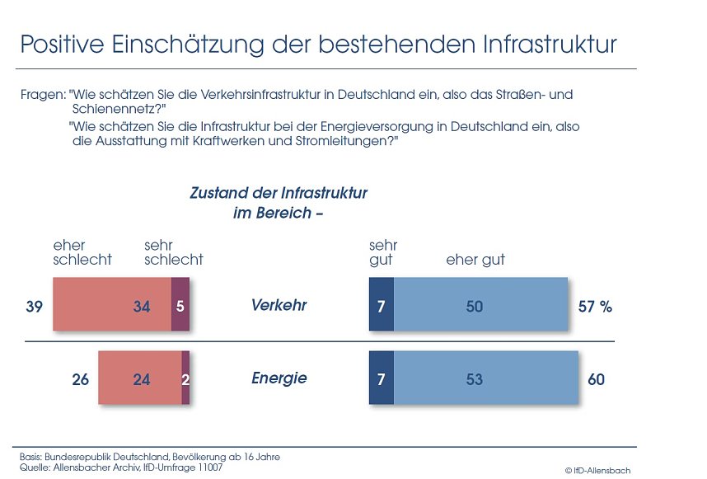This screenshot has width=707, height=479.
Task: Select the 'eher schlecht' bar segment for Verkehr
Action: pos(111,305)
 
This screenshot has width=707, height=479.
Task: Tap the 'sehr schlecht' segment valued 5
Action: pos(180,305)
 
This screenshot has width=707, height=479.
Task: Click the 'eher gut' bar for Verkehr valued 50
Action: pos(480,305)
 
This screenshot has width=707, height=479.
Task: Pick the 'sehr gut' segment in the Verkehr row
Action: pos(381,305)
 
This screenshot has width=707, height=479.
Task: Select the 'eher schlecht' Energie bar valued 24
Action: pos(139,378)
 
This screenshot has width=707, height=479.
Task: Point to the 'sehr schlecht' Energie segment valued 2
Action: pos(185,378)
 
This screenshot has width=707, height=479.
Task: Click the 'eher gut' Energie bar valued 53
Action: pos(485,378)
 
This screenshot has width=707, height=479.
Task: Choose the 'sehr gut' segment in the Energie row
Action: pos(381,378)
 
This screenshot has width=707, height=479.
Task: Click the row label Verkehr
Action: pos(279,305)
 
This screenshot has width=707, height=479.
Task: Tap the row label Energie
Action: pos(279,378)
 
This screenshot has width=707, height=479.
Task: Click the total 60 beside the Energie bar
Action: pos(596,379)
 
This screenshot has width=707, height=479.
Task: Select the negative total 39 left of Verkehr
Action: pos(35,307)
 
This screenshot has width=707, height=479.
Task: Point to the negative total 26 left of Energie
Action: pos(80,380)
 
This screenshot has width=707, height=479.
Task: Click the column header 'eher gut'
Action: pos(475,260)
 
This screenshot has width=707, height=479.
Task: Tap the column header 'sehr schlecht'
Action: pos(173,252)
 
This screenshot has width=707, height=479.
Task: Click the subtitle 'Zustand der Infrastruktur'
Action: pos(279,194)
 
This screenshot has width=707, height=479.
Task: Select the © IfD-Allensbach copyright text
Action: pos(597,470)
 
